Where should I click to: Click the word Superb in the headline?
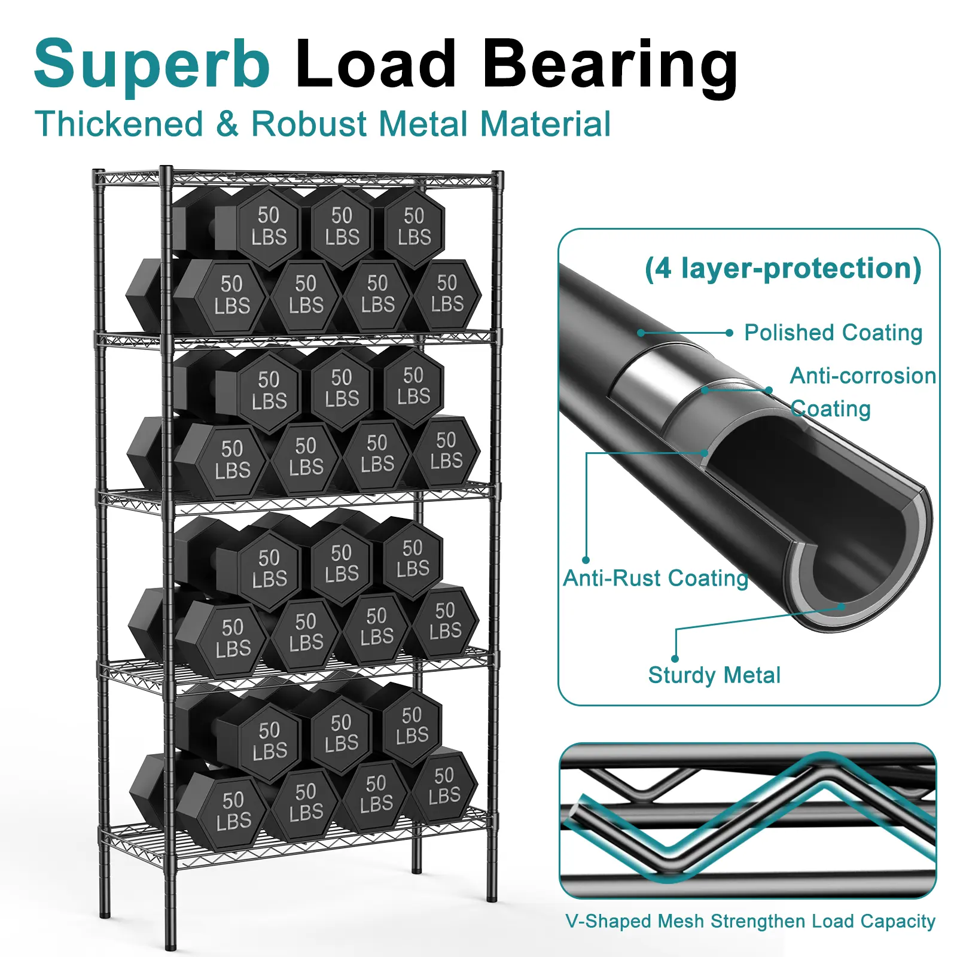click(152, 65)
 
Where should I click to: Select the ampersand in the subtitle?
click(227, 124)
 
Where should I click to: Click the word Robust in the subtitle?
click(309, 124)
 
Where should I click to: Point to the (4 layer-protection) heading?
click(782, 268)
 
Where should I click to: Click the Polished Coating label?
click(833, 333)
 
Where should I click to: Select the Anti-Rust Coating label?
click(656, 578)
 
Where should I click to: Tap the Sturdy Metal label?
click(714, 675)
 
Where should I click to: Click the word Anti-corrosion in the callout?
click(862, 376)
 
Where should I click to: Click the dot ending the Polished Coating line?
click(729, 333)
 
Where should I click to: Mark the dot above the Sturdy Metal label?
click(675, 659)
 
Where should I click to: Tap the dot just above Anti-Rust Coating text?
click(586, 560)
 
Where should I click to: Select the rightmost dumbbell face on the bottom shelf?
click(444, 785)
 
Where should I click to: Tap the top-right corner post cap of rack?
click(497, 175)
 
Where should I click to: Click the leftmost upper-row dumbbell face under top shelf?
click(269, 226)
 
